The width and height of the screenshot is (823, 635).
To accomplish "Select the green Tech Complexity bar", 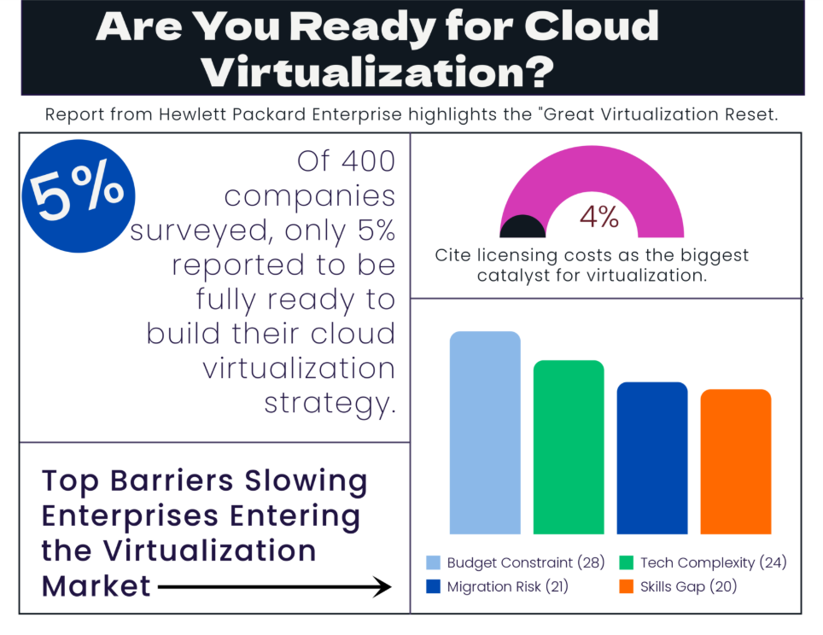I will tap(569, 447).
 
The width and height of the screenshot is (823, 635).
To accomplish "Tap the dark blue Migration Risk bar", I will tap(652, 458).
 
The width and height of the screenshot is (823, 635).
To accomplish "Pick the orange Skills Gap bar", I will tap(736, 462).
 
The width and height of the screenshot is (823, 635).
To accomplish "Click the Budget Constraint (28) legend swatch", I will tap(434, 562).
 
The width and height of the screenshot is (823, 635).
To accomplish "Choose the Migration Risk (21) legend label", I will tap(507, 586).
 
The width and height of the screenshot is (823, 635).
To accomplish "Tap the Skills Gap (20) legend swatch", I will tap(627, 586).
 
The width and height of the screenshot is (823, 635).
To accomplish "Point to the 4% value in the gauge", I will tap(599, 217).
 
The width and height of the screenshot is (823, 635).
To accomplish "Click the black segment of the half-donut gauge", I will tap(522, 227).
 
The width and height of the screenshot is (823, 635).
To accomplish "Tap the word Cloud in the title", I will tap(591, 26).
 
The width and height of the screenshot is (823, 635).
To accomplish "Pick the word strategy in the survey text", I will tap(331, 401).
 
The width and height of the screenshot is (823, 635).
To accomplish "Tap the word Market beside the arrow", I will tap(96, 586).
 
